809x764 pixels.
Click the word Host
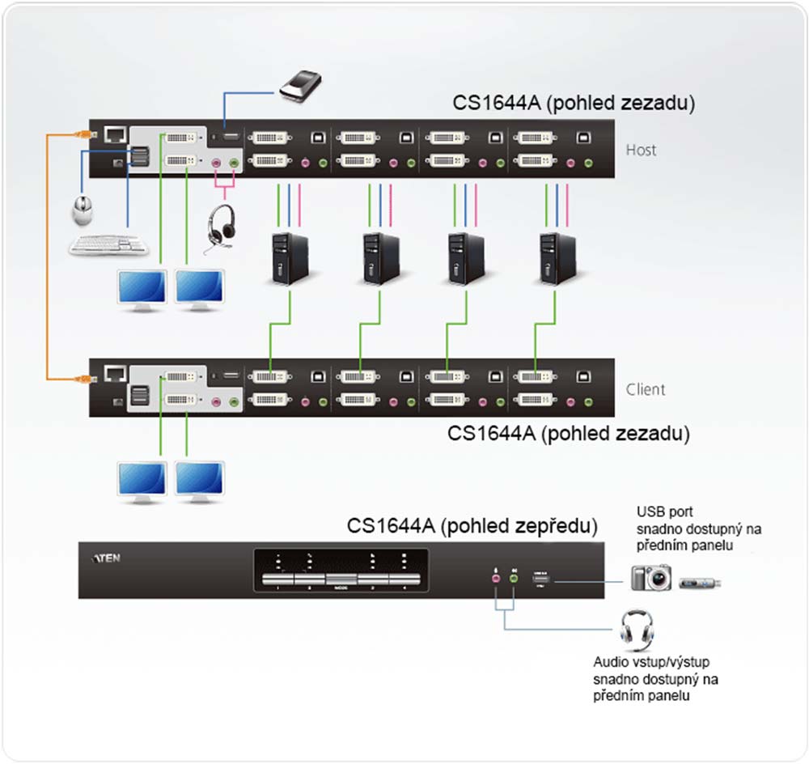point(641,150)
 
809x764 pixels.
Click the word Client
point(646,389)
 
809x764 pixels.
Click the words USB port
point(664,511)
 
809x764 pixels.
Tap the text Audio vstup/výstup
point(650,662)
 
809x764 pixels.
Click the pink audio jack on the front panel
point(496,577)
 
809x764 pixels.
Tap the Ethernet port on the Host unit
point(113,134)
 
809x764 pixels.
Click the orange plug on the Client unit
point(82,376)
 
